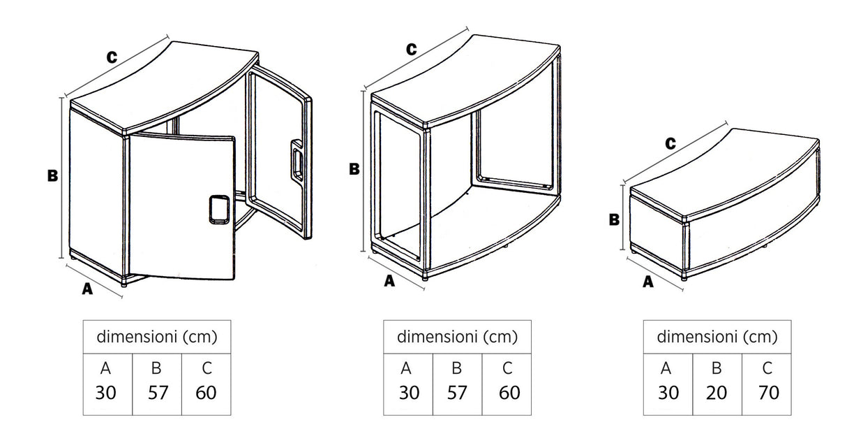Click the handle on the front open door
(x=218, y=209)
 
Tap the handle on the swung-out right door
(x=297, y=161)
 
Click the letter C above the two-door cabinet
(x=111, y=58)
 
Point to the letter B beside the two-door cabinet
(x=52, y=176)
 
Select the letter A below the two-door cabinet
(x=87, y=289)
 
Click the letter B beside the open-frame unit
(x=354, y=168)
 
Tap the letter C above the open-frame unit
(x=411, y=49)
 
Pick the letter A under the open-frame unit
(x=389, y=281)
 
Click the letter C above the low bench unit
(x=670, y=144)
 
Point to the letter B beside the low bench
(x=614, y=219)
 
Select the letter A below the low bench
(x=648, y=282)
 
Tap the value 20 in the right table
(x=717, y=393)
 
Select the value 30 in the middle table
(x=408, y=393)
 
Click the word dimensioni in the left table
(x=137, y=337)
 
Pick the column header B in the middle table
(x=457, y=368)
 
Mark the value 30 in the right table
(x=668, y=393)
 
